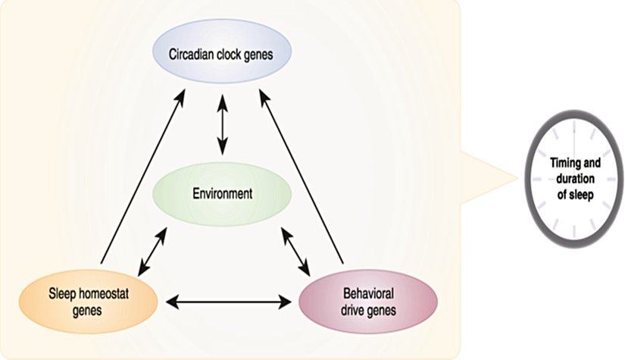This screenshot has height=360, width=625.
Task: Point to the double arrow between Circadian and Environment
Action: [222, 125]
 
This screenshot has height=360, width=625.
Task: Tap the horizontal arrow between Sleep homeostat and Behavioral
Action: [230, 302]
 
